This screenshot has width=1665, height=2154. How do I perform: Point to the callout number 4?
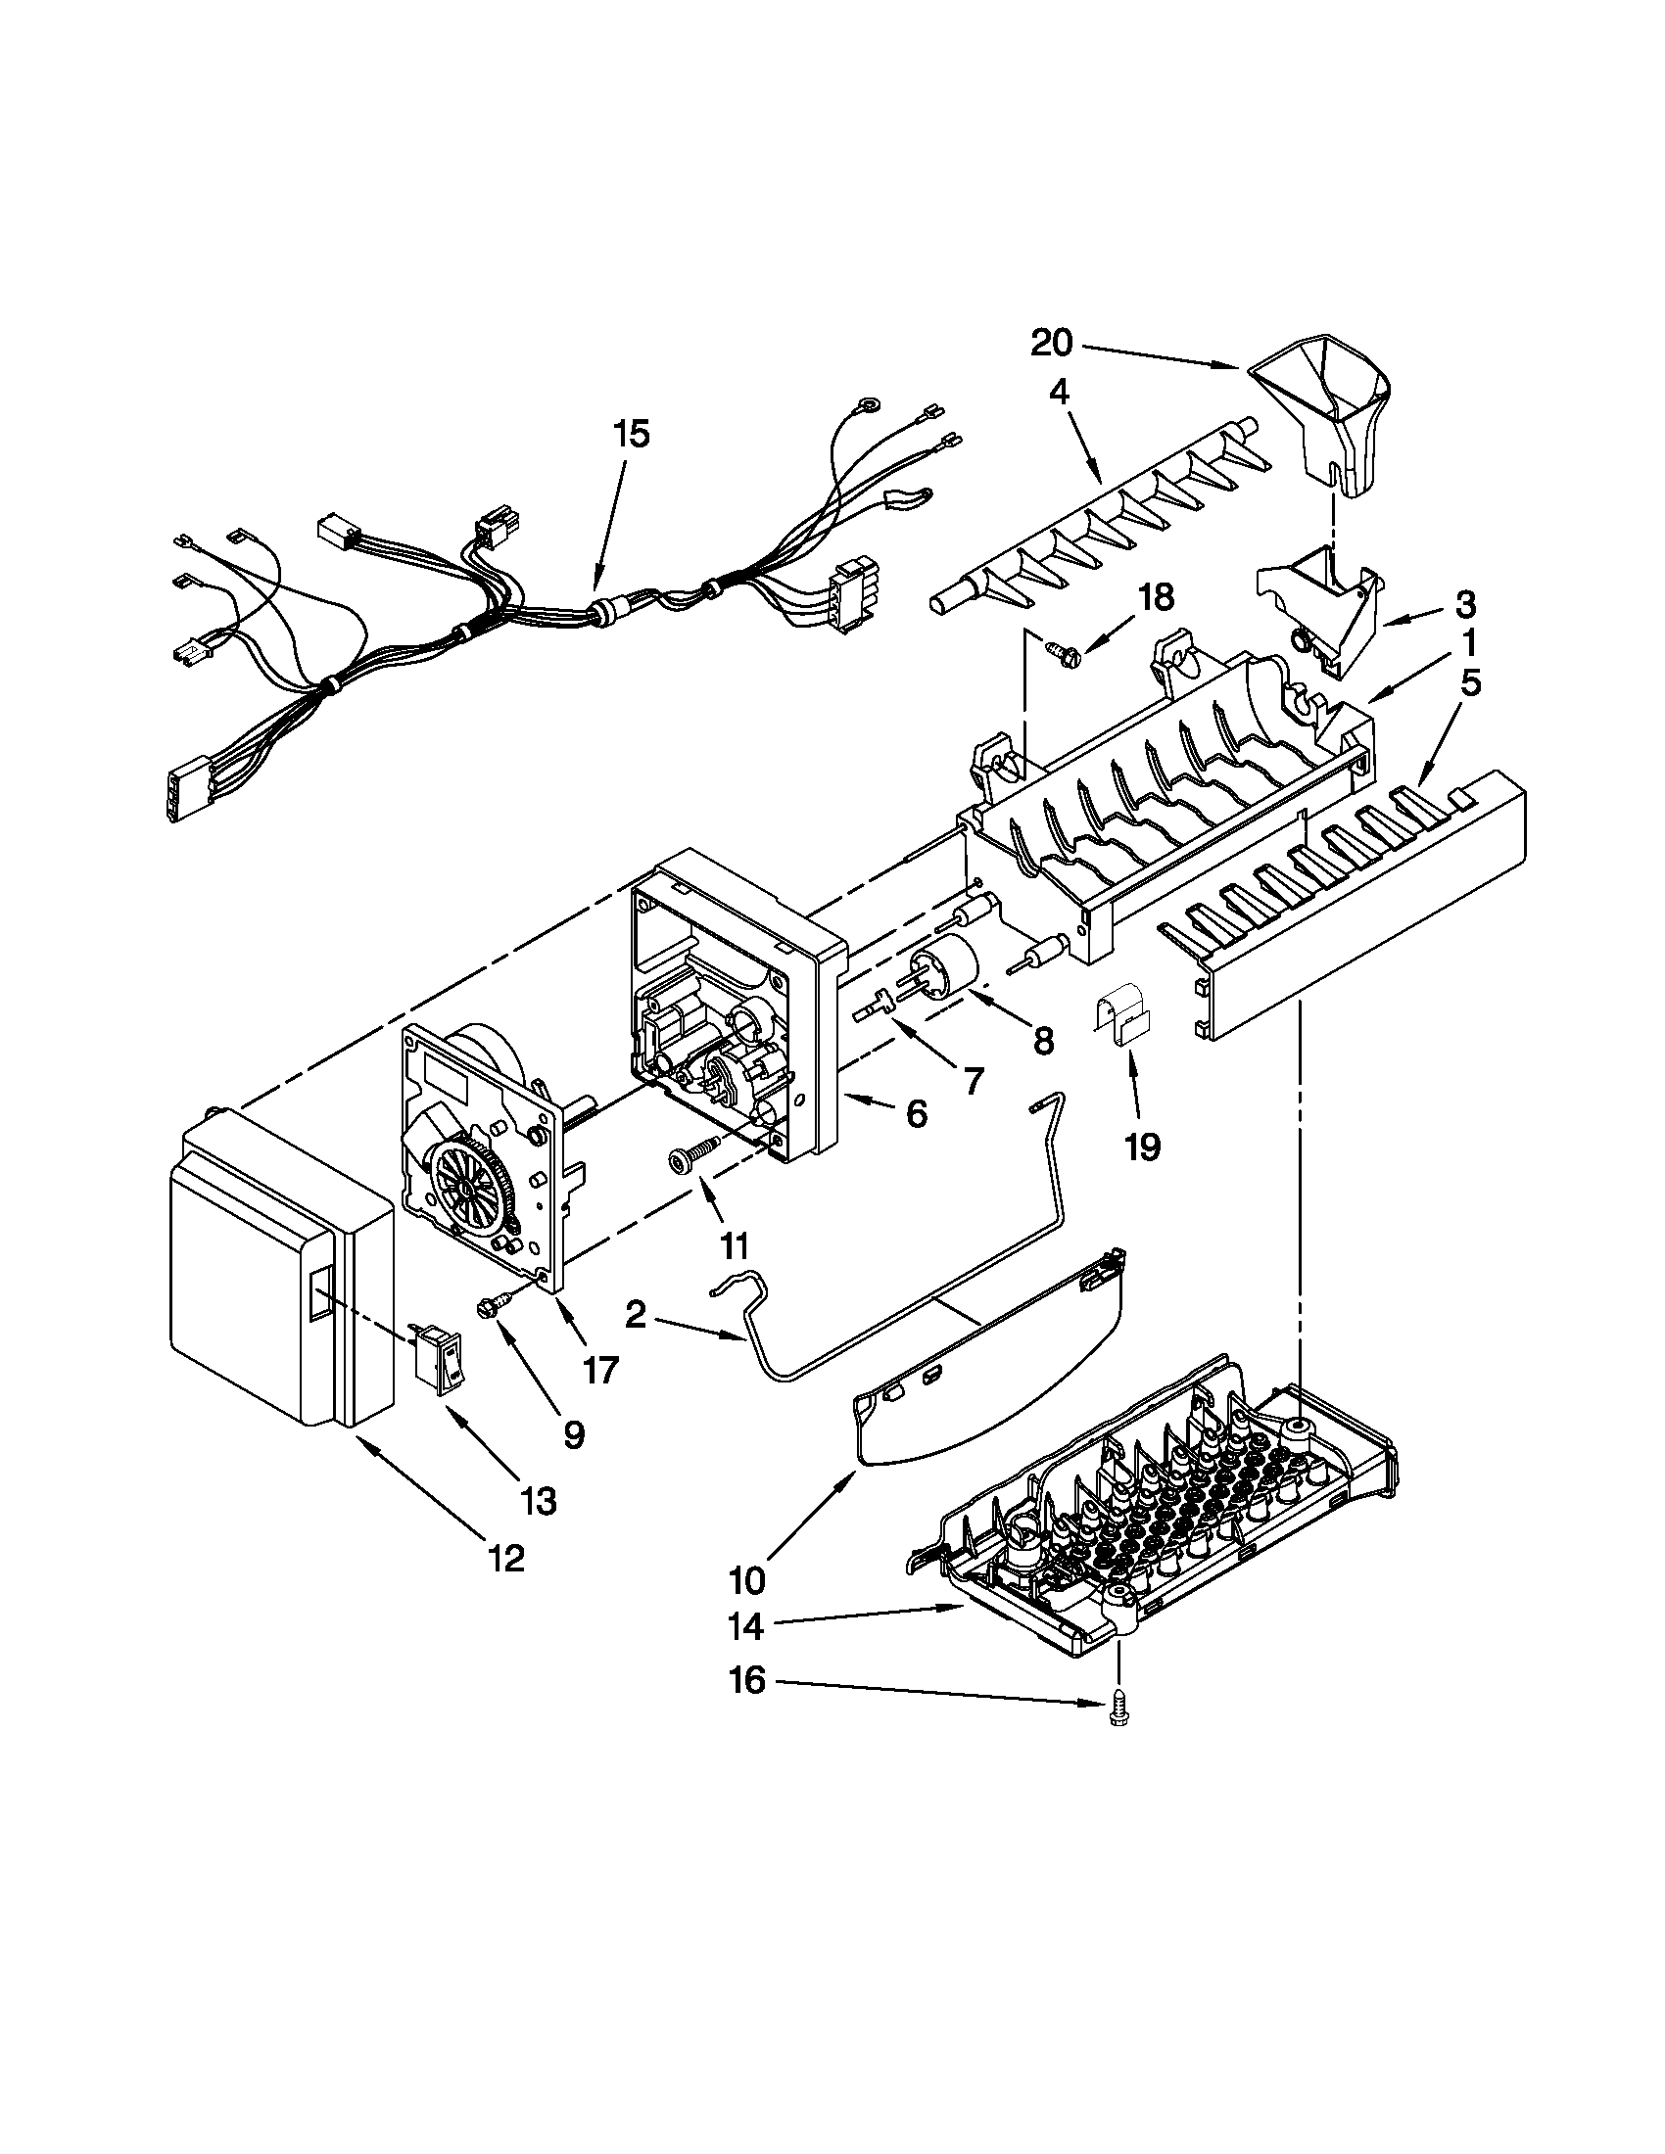point(1058,394)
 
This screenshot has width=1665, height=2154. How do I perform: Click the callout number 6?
point(917,1114)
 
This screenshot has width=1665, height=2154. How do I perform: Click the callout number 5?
point(1470,683)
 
